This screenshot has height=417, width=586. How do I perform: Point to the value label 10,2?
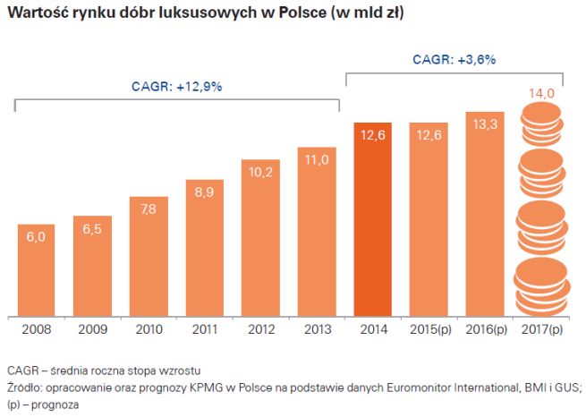[260, 172]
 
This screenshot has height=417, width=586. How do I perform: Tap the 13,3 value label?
[484, 124]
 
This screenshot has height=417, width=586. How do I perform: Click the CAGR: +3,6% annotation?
[454, 60]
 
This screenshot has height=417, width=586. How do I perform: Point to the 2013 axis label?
[317, 329]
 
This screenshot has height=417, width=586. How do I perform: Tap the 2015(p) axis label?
[428, 329]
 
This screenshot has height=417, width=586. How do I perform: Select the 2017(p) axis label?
[540, 329]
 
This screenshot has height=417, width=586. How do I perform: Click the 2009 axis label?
[92, 329]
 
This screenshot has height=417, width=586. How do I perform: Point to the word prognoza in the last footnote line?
[55, 404]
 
